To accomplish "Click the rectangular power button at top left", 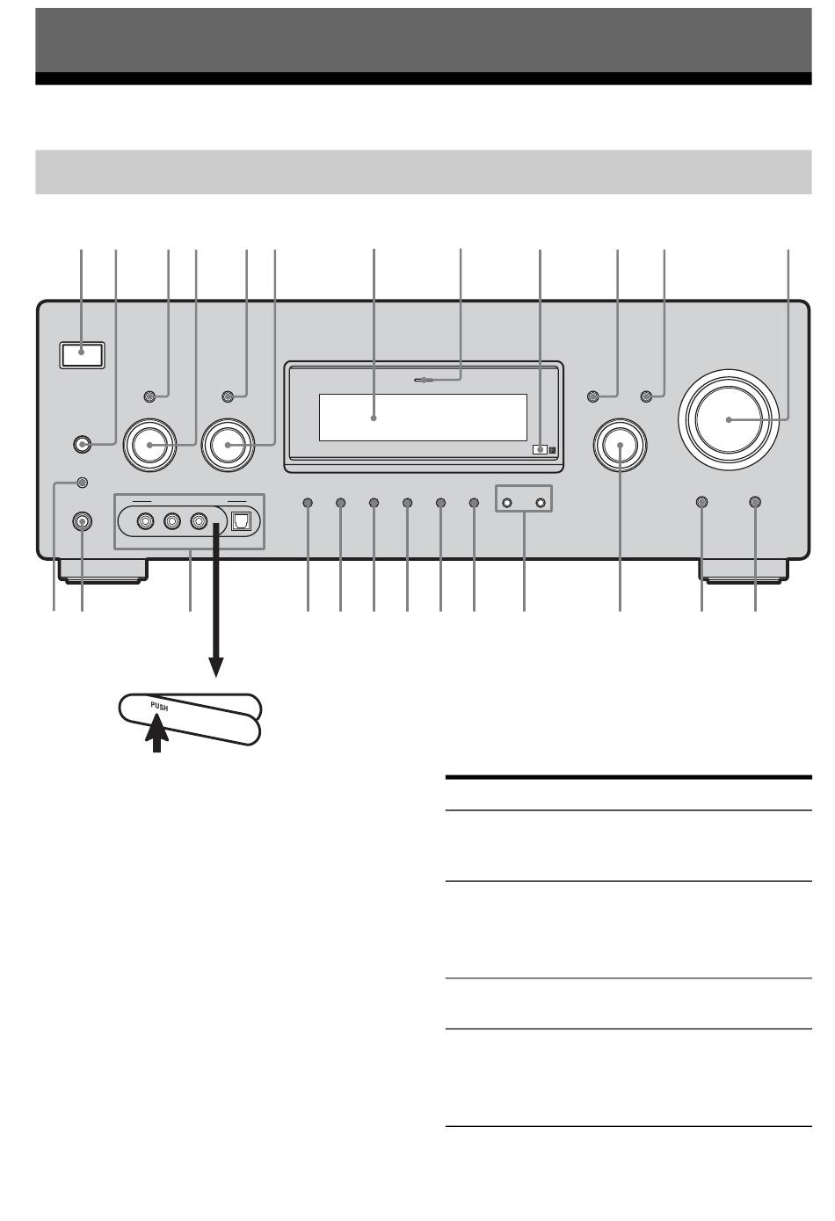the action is (81, 355).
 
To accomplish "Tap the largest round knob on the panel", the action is (729, 419).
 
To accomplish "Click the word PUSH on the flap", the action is (159, 707).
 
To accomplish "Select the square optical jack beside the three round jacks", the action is (240, 521).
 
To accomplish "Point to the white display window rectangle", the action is (423, 417).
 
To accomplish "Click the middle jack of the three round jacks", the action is (172, 521).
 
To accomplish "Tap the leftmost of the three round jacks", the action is (146, 521).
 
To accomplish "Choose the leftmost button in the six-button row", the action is (308, 503).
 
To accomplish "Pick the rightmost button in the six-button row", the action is (474, 503).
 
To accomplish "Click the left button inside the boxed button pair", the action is (507, 503).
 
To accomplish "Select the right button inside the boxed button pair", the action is (541, 503).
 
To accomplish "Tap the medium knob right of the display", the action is (621, 445).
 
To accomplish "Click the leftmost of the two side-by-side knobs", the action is (150, 445).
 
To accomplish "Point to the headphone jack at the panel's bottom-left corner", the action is (82, 521).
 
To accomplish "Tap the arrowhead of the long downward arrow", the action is (216, 667).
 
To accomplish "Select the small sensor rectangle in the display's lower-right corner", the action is (540, 450).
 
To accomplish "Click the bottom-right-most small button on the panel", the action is (755, 502).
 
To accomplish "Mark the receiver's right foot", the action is (744, 571).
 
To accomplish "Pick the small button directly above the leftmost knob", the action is (150, 396).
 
